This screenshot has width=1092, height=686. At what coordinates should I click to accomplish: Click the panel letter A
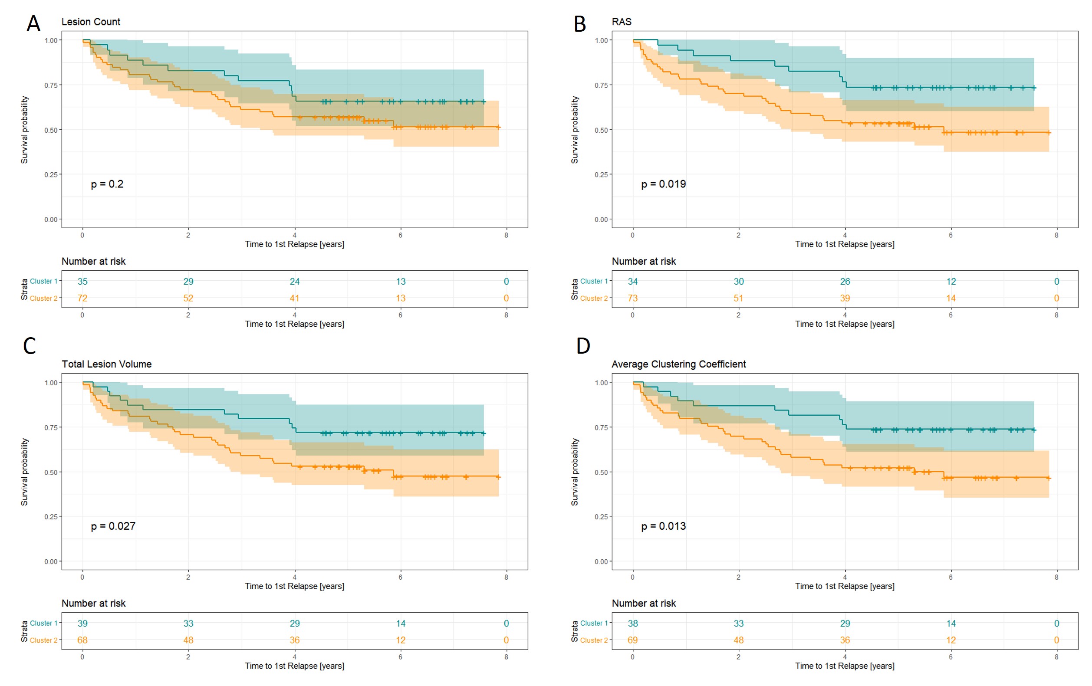(33, 23)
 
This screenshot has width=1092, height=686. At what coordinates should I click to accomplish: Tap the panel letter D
(583, 346)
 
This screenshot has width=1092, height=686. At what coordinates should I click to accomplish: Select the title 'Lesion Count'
(91, 22)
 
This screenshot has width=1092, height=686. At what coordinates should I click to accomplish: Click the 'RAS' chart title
(621, 22)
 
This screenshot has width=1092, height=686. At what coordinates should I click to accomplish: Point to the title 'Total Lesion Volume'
(107, 364)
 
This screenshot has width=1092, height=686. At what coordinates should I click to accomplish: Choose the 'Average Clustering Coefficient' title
(678, 364)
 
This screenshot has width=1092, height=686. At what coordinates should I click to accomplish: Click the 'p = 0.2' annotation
(107, 184)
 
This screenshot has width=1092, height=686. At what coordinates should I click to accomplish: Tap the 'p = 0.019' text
(663, 184)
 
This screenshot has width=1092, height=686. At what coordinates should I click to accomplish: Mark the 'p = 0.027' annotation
(113, 526)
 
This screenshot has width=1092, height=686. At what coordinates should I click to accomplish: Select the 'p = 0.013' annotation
(663, 526)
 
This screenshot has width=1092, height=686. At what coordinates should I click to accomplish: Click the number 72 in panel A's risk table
(82, 299)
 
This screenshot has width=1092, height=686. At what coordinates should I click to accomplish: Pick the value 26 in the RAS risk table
(845, 282)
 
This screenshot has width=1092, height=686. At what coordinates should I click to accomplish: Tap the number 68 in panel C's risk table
(82, 640)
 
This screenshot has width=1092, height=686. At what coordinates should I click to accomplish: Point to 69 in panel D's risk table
(633, 640)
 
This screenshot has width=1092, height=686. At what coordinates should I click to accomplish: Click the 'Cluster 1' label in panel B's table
(594, 282)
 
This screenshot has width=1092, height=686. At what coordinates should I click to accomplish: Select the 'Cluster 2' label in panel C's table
(43, 640)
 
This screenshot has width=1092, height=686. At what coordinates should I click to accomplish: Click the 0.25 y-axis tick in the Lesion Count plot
(51, 174)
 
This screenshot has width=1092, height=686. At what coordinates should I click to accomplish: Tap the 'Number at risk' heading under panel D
(644, 604)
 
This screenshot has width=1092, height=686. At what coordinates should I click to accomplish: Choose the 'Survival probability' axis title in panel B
(575, 130)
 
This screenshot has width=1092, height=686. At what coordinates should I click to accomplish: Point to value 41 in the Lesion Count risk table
(294, 299)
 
